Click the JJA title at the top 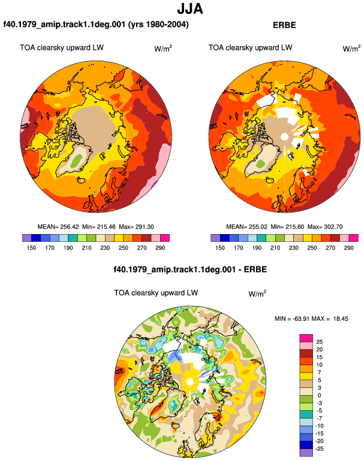point(190,8)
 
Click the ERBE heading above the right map point(284,25)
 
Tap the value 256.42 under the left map point(70,227)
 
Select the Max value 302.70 point(333,227)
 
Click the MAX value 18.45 point(341,319)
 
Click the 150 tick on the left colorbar point(31,248)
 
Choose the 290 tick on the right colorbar point(348,248)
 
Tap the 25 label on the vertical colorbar point(319,342)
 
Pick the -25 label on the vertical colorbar point(319,449)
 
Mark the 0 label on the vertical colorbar point(319,395)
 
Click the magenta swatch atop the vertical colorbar point(306,338)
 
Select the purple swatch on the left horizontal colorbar point(27,238)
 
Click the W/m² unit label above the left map point(163,48)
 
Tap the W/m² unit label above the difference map point(257,293)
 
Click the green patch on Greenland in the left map point(77,160)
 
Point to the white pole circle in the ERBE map point(284,137)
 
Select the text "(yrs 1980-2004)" point(158,25)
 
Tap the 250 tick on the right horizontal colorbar point(312,248)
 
